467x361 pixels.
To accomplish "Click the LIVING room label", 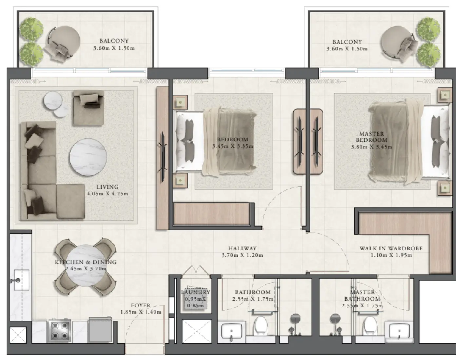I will click(107, 187).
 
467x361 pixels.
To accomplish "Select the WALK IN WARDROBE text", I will click(391, 248).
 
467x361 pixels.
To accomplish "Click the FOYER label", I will click(141, 305).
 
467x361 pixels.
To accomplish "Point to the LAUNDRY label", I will click(195, 292).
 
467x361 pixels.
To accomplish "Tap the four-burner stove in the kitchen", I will click(60, 331).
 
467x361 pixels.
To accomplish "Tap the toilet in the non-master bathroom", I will click(261, 325).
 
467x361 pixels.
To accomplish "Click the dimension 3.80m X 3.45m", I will click(371, 147).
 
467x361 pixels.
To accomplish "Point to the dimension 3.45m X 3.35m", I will click(232, 146).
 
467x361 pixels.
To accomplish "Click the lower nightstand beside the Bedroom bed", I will click(180, 180).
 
